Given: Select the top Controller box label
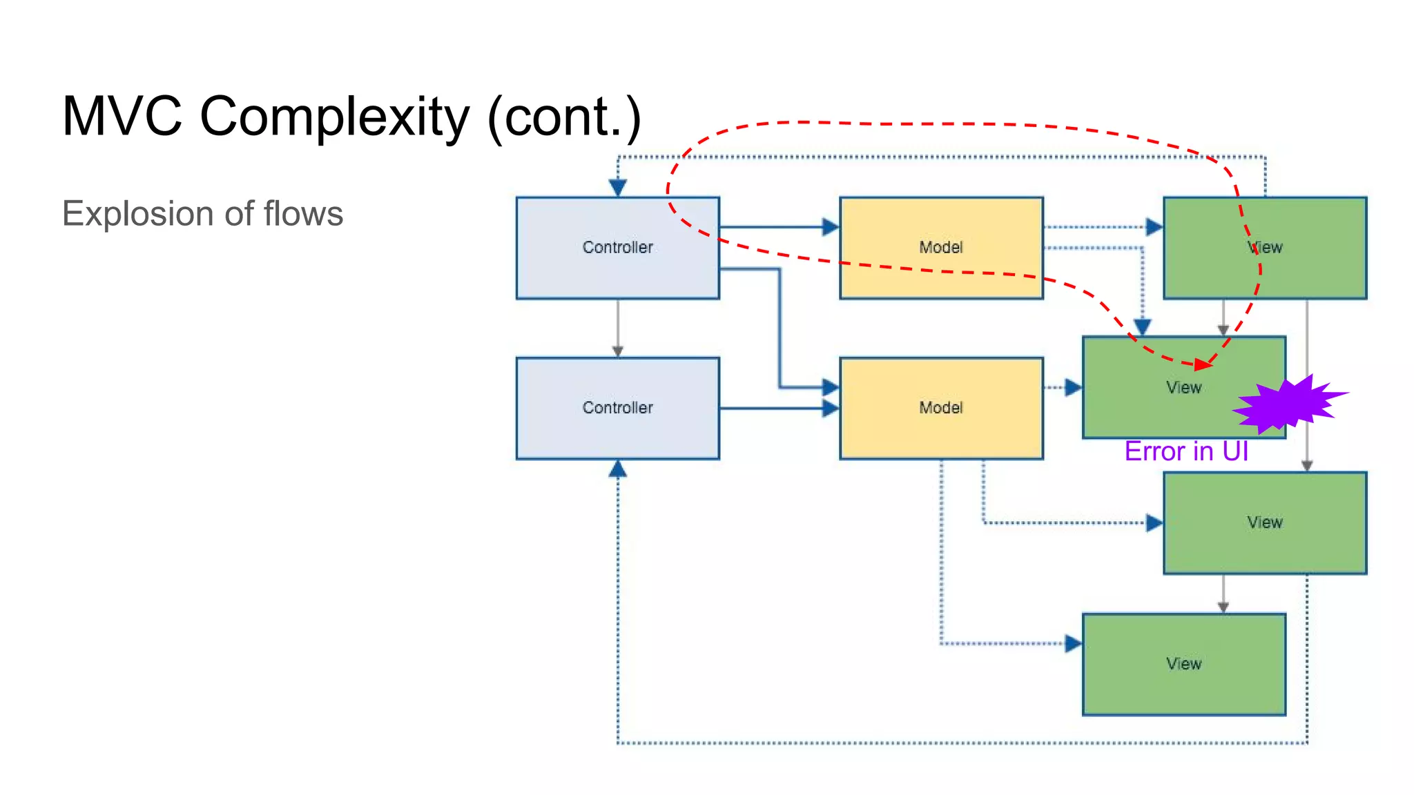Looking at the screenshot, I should click(617, 247).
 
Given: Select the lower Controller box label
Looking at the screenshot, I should click(617, 408).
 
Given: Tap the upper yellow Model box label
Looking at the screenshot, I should click(940, 247).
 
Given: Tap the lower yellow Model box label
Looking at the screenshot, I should click(940, 408).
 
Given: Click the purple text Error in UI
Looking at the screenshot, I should click(1185, 451).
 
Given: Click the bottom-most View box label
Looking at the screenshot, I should click(1183, 664).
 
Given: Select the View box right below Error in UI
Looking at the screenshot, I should click(1264, 522).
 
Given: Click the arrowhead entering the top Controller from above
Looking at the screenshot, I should click(617, 187).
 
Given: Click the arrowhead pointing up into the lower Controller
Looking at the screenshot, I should click(617, 470).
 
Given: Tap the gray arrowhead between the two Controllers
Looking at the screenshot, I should click(617, 351).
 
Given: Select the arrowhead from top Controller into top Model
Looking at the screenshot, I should click(831, 226).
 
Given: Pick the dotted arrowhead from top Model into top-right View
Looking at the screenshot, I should click(1154, 226).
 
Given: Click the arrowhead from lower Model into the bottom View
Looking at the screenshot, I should click(1073, 644).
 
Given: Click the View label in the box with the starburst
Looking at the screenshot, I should click(1183, 388).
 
